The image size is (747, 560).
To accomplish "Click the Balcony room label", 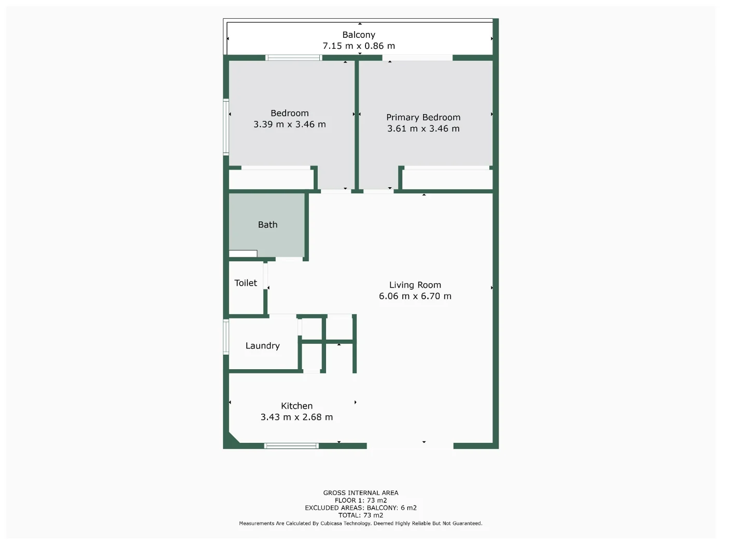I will pyautogui.click(x=359, y=35).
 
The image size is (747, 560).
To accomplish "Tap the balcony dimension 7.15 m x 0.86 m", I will pyautogui.click(x=359, y=46).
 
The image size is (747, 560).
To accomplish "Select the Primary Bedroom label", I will pyautogui.click(x=423, y=117).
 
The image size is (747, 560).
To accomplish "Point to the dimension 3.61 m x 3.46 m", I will pyautogui.click(x=423, y=129).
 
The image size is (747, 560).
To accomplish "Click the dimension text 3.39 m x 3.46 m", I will pyautogui.click(x=289, y=124).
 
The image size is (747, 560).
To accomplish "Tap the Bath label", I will pyautogui.click(x=267, y=225).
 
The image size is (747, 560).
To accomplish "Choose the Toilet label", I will pyautogui.click(x=246, y=283).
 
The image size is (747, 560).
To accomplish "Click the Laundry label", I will pyautogui.click(x=262, y=346).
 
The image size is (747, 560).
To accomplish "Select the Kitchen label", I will pyautogui.click(x=297, y=406).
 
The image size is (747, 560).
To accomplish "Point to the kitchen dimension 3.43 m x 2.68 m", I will pyautogui.click(x=297, y=417).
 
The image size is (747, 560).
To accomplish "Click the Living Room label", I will pyautogui.click(x=415, y=285).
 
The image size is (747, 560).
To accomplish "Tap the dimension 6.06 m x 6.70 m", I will pyautogui.click(x=415, y=296).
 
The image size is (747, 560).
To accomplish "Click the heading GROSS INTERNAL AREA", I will pyautogui.click(x=361, y=493).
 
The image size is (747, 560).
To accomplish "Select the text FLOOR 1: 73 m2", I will pyautogui.click(x=361, y=500).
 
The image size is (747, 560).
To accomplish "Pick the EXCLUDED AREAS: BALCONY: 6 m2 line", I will pyautogui.click(x=361, y=508).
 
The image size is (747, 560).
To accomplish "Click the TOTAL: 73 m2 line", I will pyautogui.click(x=361, y=515).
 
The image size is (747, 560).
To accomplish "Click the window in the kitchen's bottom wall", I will pyautogui.click(x=291, y=446).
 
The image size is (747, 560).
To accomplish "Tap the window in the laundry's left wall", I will pyautogui.click(x=226, y=337).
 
